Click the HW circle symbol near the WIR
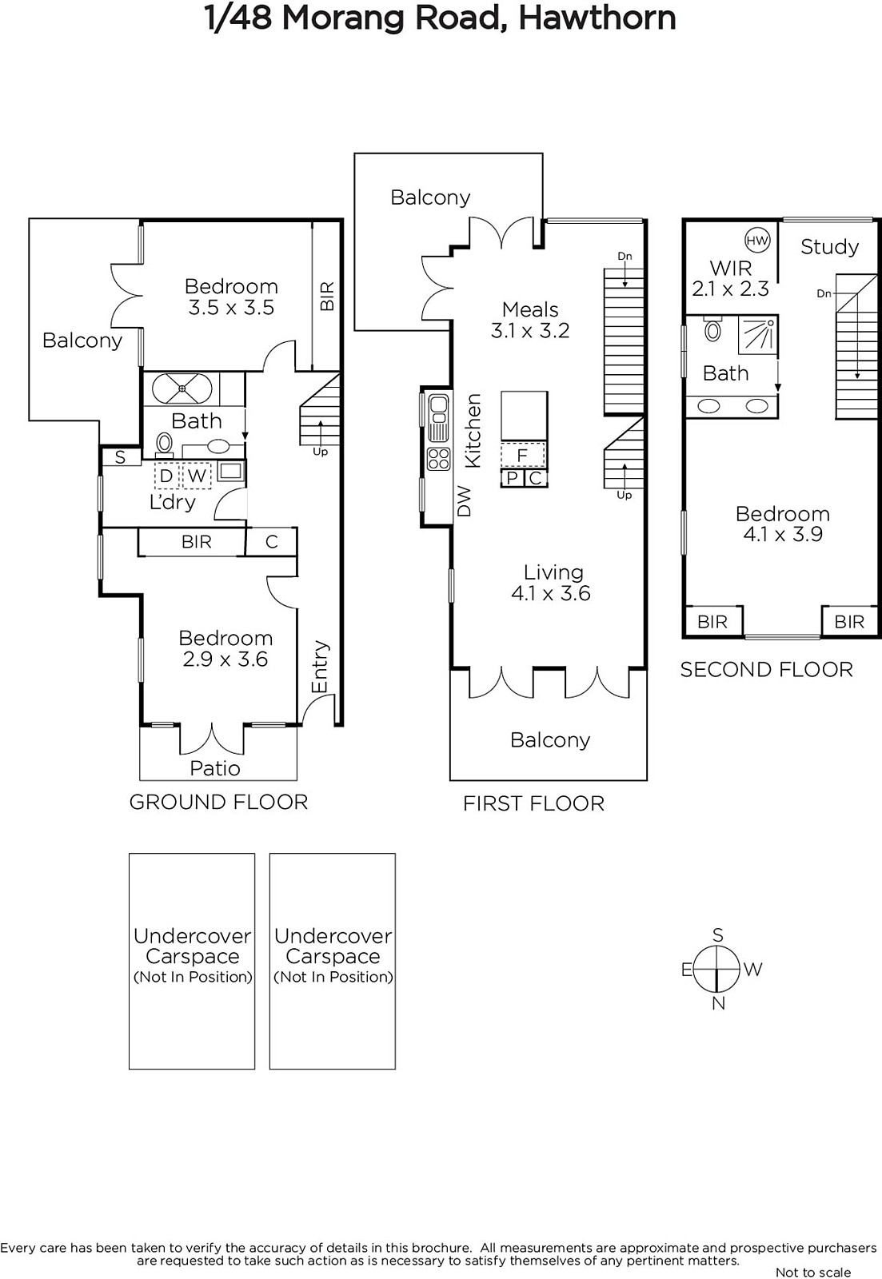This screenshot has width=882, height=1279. pos(757,241)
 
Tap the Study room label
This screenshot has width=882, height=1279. pos(829,247)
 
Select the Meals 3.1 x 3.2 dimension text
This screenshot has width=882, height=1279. pos(530,331)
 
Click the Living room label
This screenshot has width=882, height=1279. pos(553,572)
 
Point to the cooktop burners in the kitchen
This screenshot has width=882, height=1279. pos(439,459)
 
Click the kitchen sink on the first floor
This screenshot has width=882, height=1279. pos(439,418)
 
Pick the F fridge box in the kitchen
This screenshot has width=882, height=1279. pos(522,455)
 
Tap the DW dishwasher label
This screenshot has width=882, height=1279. pos(465,501)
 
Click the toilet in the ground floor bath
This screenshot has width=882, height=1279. pos(165,444)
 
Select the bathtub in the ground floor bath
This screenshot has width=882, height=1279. pos(182,388)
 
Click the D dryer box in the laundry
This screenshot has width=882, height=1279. pos(166,476)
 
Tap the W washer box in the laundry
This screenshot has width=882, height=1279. pos(197,476)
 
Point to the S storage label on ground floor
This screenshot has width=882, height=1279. pos(120,456)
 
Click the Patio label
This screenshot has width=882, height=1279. pos(215,768)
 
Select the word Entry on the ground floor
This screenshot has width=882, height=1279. pos(321,667)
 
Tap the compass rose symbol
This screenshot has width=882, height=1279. pos(717,970)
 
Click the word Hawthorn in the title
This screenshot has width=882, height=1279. pos(597,18)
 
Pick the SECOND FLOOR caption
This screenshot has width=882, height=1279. pos(766,670)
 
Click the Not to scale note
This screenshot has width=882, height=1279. pos(813,1272)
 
